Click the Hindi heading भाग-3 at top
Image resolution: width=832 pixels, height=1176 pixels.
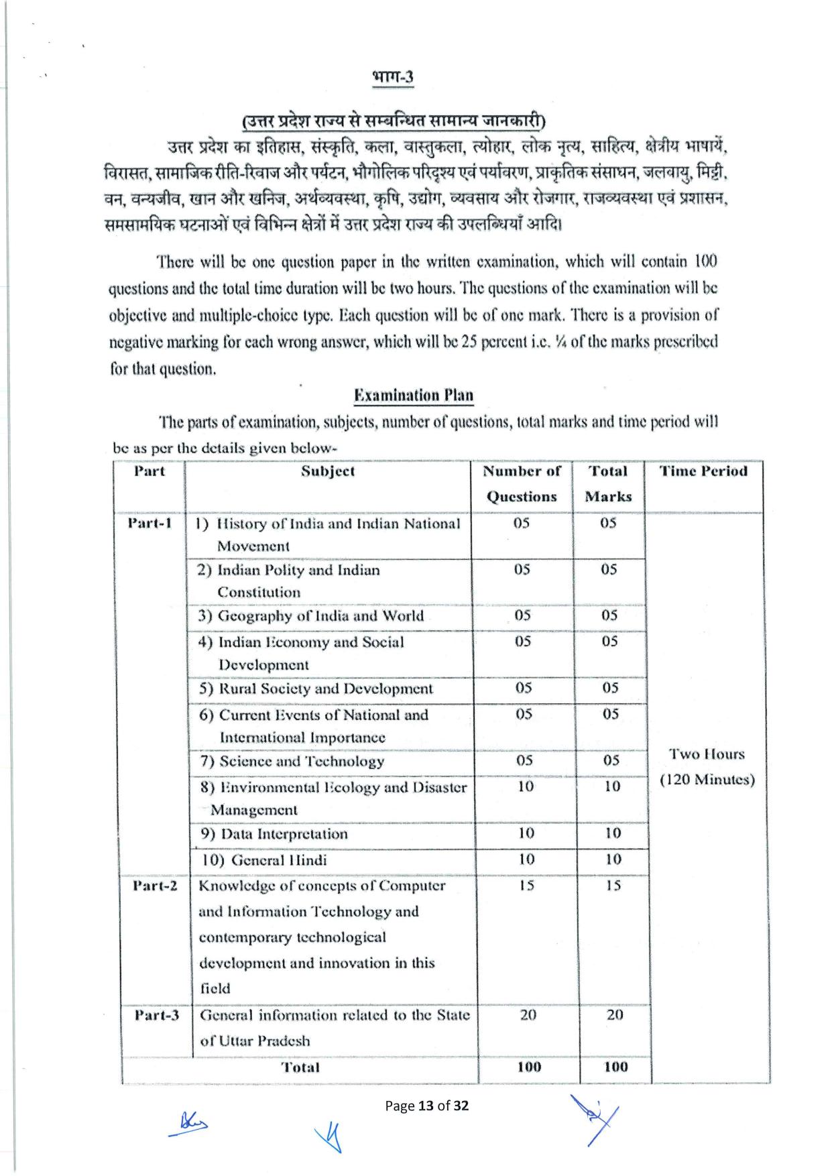tap(393, 76)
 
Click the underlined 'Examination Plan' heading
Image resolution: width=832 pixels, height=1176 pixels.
tap(413, 395)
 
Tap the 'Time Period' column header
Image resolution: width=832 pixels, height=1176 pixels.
tap(703, 471)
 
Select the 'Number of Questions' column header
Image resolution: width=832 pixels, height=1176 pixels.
tap(522, 483)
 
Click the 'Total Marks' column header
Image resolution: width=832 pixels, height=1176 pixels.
tap(608, 483)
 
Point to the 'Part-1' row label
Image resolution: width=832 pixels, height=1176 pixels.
tap(150, 523)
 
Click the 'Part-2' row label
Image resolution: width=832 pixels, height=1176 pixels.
tap(155, 886)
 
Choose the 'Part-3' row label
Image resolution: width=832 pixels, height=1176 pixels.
tap(156, 1015)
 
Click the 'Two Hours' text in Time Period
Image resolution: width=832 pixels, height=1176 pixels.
tap(707, 754)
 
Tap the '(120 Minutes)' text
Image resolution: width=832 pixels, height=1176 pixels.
tap(707, 780)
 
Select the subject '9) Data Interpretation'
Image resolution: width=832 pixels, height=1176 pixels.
tap(275, 834)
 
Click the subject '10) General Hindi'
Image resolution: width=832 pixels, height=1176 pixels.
tap(265, 860)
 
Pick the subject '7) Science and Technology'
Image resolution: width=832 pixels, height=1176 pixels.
tap(292, 761)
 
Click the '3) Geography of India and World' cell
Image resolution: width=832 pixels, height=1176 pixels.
tap(311, 615)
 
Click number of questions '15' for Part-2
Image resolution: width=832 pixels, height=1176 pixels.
tap(526, 886)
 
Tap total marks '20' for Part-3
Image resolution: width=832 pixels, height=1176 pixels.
tap(615, 1015)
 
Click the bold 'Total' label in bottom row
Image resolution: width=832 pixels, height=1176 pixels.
tap(300, 1067)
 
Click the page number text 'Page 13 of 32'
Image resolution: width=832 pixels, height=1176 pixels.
tap(426, 1106)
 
